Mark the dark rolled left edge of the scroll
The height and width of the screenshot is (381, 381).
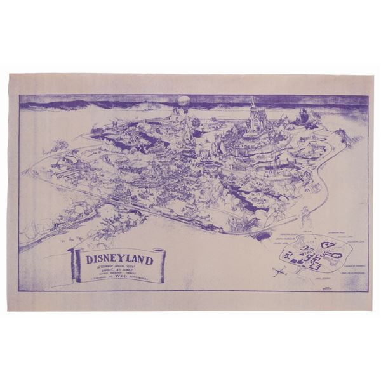point(75,264)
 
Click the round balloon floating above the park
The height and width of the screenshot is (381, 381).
point(183,101)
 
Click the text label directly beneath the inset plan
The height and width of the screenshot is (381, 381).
point(319,279)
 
